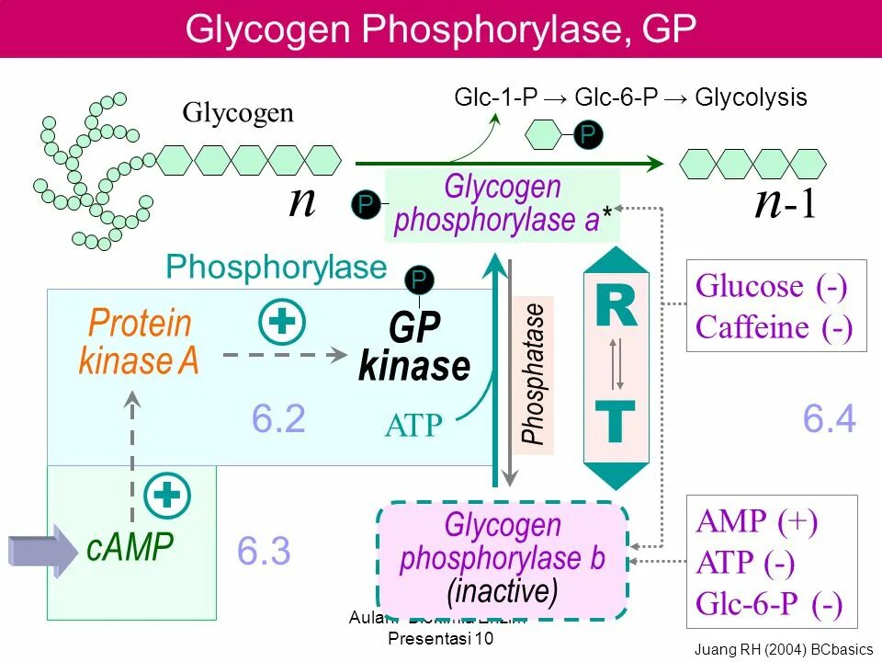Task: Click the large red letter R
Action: coord(616,307)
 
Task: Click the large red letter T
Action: coord(616,423)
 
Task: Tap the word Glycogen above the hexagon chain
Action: coord(238,114)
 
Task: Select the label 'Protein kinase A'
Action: coord(140,342)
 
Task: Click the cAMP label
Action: coord(130,548)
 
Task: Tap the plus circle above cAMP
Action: coord(167,496)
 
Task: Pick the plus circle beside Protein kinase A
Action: coord(282,323)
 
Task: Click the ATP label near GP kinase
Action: coord(413,426)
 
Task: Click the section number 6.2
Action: coord(278,419)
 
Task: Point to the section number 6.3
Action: coord(264,552)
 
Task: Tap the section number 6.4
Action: coord(830,419)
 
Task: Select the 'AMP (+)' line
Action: coord(757,521)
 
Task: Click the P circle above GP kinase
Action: coord(419,280)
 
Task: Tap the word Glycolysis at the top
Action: coord(751,97)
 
